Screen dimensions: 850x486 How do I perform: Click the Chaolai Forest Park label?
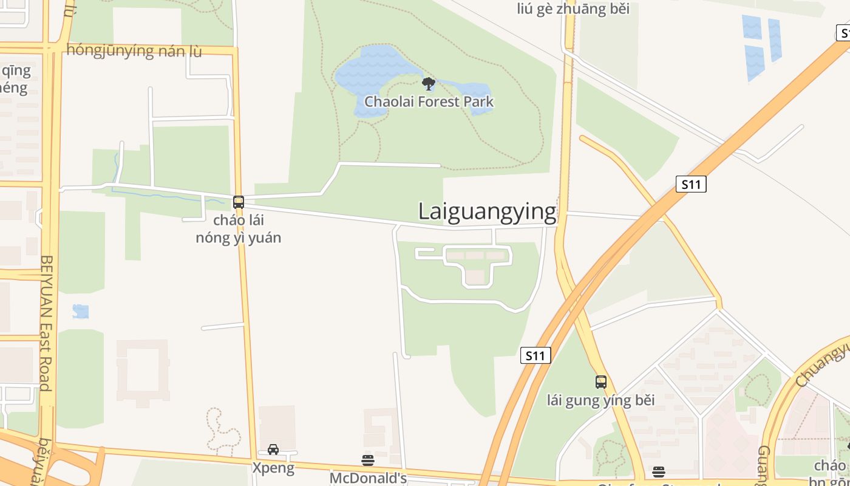[x=429, y=101]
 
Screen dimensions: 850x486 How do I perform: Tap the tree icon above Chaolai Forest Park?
[x=428, y=84]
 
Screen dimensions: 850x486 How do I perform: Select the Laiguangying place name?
[x=487, y=211]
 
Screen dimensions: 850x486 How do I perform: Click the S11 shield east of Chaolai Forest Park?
[x=691, y=184]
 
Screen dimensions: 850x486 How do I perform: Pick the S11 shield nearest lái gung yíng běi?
[x=535, y=355]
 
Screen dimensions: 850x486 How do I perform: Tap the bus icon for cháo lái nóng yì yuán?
[x=239, y=202]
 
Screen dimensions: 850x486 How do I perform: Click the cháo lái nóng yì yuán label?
[x=239, y=229]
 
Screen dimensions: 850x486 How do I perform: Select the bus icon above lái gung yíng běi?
[x=600, y=382]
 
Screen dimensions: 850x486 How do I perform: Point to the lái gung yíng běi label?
[x=600, y=400]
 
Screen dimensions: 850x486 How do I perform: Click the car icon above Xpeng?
[x=273, y=450]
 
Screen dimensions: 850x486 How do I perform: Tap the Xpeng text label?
[x=273, y=468]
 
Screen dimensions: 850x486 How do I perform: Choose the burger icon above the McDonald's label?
[x=367, y=460]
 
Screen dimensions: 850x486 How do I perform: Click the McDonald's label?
[x=368, y=478]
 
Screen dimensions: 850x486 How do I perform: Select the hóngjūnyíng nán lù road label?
[x=134, y=50]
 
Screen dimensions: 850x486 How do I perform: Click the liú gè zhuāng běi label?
[x=573, y=9]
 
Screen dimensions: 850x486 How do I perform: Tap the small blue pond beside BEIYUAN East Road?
[x=80, y=312]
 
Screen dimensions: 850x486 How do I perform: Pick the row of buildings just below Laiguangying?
[x=477, y=256]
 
